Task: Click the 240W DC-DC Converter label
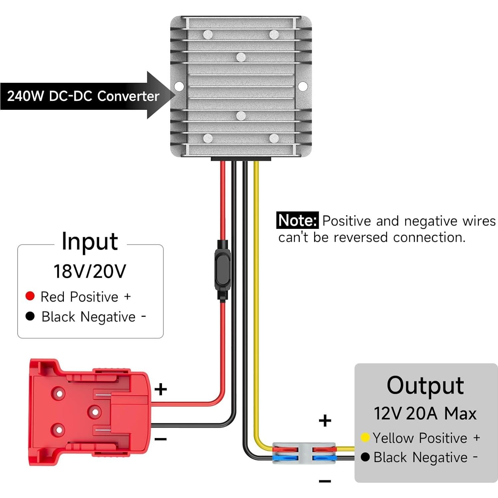pyautogui.click(x=83, y=96)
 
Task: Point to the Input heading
pyautogui.click(x=90, y=241)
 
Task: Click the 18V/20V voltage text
pyautogui.click(x=90, y=271)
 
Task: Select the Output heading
pyautogui.click(x=425, y=386)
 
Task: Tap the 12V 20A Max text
pyautogui.click(x=425, y=414)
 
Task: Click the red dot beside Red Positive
pyautogui.click(x=30, y=296)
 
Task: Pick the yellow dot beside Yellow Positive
pyautogui.click(x=365, y=437)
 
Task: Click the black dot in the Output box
pyautogui.click(x=365, y=457)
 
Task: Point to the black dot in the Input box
pyautogui.click(x=30, y=316)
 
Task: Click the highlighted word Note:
pyautogui.click(x=297, y=220)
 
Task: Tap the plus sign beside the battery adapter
pyautogui.click(x=161, y=389)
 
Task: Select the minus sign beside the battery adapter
pyautogui.click(x=161, y=439)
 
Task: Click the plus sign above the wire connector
pyautogui.click(x=325, y=420)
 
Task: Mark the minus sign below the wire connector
pyautogui.click(x=325, y=481)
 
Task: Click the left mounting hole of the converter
pyautogui.click(x=179, y=86)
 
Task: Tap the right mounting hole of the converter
pyautogui.click(x=303, y=86)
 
